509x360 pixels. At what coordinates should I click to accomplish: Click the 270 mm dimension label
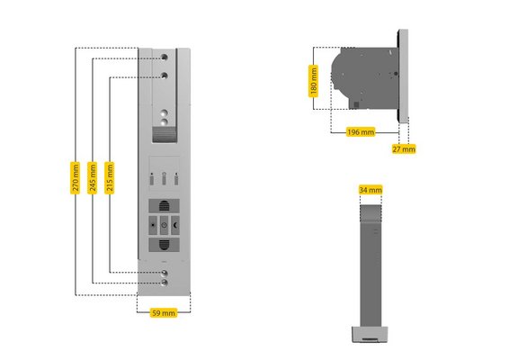tap(75, 177)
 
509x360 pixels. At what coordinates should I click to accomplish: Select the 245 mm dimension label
tap(93, 177)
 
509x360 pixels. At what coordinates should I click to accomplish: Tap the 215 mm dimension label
tap(110, 177)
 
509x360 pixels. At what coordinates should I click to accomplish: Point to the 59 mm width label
tap(164, 313)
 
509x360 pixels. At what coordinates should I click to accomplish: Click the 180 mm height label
tap(313, 81)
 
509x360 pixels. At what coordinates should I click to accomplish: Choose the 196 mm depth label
tap(361, 132)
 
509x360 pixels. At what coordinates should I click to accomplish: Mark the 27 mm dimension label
tap(404, 148)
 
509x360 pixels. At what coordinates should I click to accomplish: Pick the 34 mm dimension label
tap(371, 190)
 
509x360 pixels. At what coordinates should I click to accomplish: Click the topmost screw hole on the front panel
tap(165, 58)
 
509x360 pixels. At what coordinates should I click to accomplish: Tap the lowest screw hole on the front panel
tap(165, 283)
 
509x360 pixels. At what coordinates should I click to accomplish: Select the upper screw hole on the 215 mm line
tap(165, 76)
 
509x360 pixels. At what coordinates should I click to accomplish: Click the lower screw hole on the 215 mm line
tap(165, 273)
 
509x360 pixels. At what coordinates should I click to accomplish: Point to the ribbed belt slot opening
tap(165, 134)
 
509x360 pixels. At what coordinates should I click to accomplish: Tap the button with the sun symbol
tap(153, 225)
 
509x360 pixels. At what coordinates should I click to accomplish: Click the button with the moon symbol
tap(175, 225)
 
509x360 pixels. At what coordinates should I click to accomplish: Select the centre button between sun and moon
tap(165, 225)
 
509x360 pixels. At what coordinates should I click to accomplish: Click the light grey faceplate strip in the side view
tap(404, 76)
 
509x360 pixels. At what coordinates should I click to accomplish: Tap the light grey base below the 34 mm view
tap(371, 334)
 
